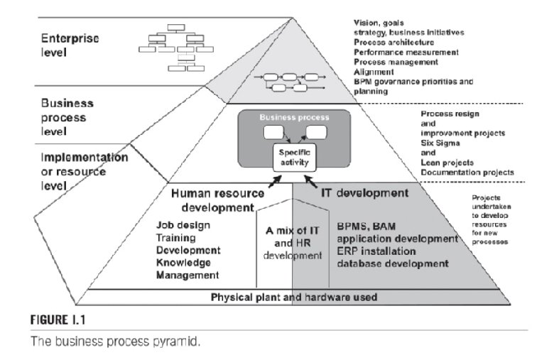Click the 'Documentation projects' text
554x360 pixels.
468,173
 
